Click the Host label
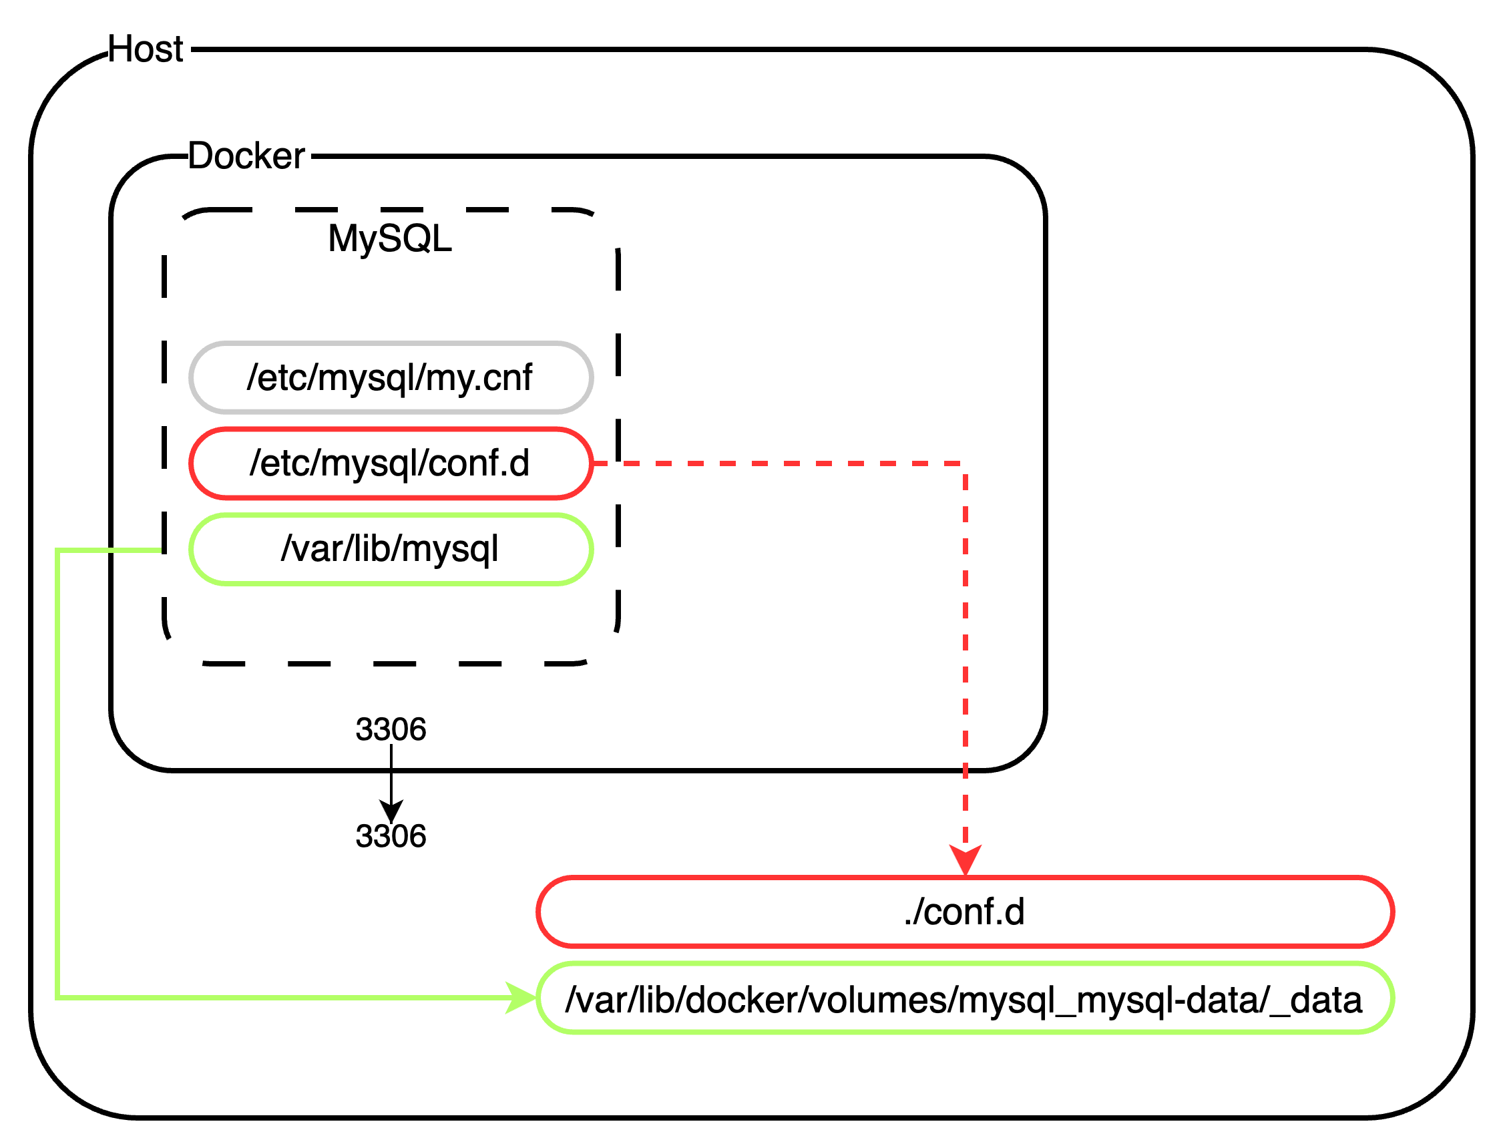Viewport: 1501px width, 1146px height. point(146,49)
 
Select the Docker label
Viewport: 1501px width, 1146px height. point(246,156)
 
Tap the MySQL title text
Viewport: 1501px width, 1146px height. point(389,239)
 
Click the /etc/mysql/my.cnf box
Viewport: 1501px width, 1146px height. point(391,378)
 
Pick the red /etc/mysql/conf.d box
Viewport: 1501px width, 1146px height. point(391,464)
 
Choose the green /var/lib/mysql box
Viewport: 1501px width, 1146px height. point(391,550)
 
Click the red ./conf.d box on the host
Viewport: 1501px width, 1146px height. point(964,912)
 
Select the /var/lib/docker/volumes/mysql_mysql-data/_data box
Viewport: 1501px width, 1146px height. point(964,999)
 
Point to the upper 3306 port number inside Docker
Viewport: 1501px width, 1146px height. point(391,730)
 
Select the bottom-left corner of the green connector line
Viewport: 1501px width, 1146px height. point(58,998)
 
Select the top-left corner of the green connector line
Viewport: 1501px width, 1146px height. point(58,550)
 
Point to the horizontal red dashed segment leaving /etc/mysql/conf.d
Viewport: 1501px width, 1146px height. point(777,464)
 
